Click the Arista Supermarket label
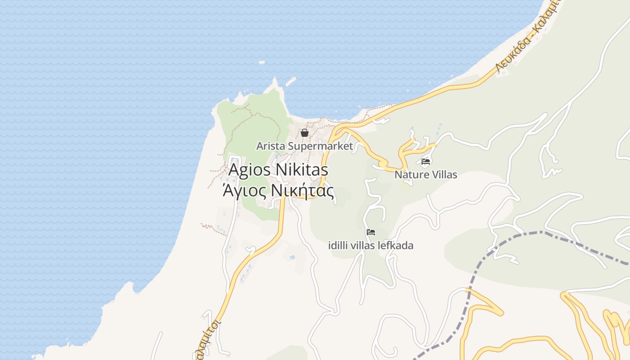[x=305, y=146]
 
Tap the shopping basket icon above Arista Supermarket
[x=305, y=133]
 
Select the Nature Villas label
[x=426, y=175]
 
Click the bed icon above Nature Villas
[x=426, y=161]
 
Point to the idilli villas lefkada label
[x=371, y=246]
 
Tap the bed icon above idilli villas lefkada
[x=371, y=232]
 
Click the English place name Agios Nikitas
[x=278, y=170]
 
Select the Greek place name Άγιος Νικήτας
[x=278, y=191]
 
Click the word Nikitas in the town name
[x=301, y=170]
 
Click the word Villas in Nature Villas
[x=444, y=175]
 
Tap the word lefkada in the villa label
[x=396, y=246]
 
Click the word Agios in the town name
[x=249, y=170]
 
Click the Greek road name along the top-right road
[x=526, y=40]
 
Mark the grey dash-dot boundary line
[x=470, y=288]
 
